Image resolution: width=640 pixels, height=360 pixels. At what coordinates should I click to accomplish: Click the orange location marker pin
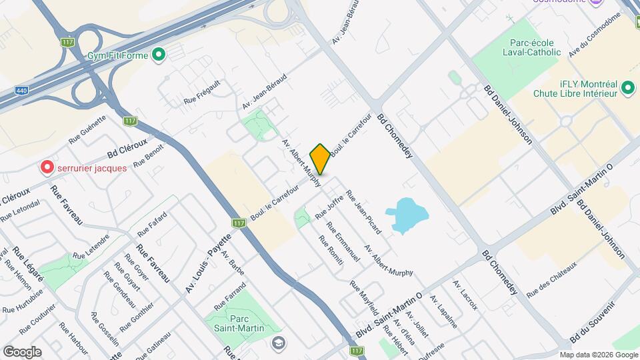coord(320,159)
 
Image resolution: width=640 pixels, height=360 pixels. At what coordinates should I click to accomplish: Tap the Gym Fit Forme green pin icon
coord(158,55)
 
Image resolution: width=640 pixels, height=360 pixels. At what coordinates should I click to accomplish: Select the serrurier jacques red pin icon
coord(47,167)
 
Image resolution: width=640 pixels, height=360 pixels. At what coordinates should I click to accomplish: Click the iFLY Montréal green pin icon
coord(627,87)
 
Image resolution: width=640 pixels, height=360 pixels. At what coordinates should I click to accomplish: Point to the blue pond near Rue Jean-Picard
coord(409,215)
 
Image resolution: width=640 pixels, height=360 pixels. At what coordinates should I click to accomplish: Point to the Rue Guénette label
coord(87,130)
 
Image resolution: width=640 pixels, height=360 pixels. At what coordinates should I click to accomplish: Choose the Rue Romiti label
coord(331,251)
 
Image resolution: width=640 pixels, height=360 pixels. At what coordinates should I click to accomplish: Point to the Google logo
coord(22,351)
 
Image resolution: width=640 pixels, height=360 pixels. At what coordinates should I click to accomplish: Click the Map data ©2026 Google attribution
coord(598,355)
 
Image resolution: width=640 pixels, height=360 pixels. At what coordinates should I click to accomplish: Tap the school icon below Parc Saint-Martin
coord(278,343)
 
